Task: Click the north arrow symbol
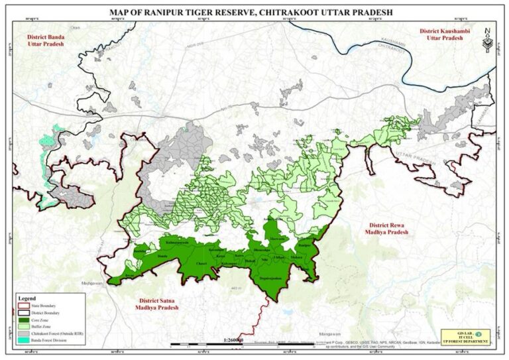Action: tap(487, 38)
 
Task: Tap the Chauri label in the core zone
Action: tap(201, 264)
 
